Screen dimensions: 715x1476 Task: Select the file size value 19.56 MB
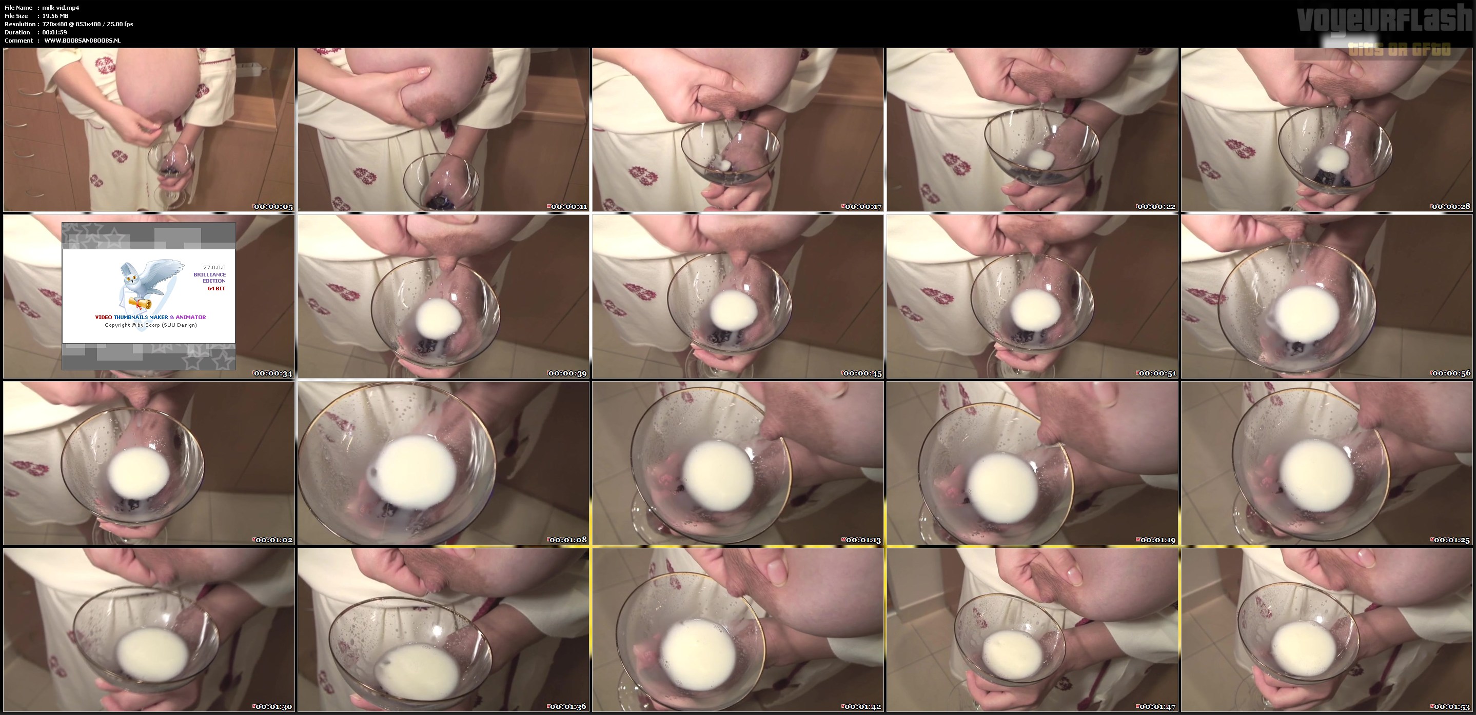click(55, 16)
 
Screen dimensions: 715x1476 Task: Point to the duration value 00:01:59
click(54, 33)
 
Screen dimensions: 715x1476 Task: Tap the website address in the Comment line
click(82, 41)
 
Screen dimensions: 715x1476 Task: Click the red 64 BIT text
click(216, 289)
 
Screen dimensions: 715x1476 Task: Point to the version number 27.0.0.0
click(214, 268)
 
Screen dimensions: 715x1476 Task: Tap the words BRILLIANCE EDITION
click(210, 278)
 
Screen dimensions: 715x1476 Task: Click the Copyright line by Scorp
click(151, 325)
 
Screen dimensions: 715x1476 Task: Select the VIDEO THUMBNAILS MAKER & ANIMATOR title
click(150, 317)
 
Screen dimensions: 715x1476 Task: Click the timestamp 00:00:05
click(273, 207)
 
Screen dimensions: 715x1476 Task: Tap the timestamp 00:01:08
click(567, 540)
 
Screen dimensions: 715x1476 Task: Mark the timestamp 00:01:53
click(1451, 706)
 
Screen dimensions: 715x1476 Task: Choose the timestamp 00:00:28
click(1451, 207)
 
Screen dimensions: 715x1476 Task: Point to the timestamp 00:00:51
click(1157, 373)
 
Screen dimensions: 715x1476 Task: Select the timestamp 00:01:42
click(862, 706)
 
